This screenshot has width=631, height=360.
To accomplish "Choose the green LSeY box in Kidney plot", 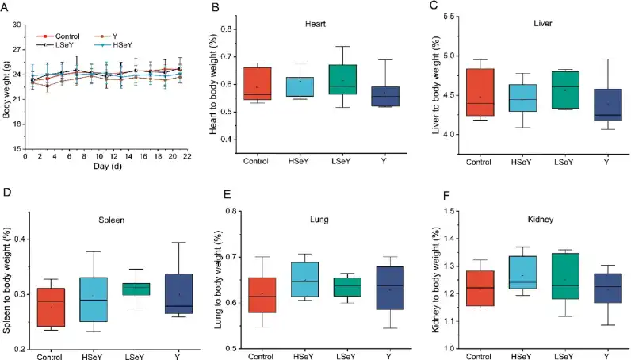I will pyautogui.click(x=564, y=276).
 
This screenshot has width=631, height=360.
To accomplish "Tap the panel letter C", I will pyautogui.click(x=433, y=6).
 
